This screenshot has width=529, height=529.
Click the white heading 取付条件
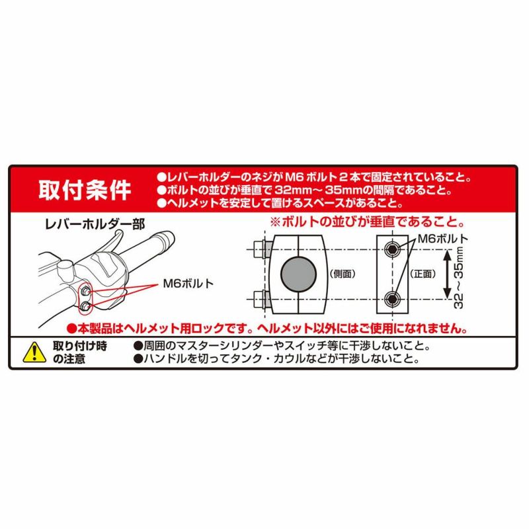[85, 190]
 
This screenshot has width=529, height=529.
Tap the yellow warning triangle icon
[34, 353]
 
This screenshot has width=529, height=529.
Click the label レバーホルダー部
[95, 224]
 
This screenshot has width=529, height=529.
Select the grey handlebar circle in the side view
[298, 274]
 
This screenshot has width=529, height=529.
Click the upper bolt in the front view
[392, 250]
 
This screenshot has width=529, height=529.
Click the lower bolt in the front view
[392, 299]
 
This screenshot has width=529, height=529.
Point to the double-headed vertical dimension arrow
[448, 274]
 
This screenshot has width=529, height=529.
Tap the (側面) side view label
[343, 274]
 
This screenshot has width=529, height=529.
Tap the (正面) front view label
[423, 274]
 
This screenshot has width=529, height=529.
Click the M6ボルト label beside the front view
[443, 239]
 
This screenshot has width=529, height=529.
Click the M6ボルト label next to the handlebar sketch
[188, 284]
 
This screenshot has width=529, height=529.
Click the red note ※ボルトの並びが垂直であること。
[368, 222]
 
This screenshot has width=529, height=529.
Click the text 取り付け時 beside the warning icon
[79, 346]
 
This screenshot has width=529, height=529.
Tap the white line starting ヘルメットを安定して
[280, 203]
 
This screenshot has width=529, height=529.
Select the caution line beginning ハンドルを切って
[276, 358]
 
